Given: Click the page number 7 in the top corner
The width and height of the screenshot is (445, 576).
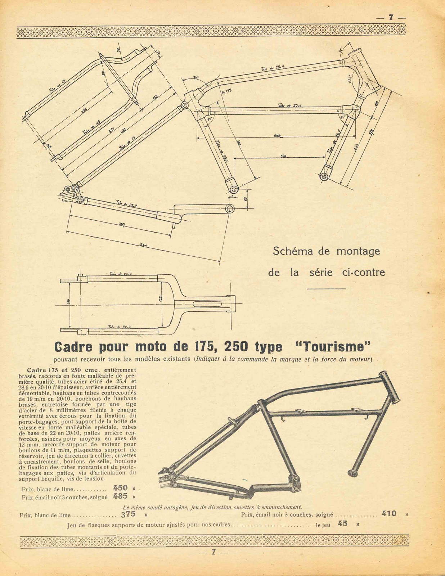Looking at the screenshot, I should coord(390,18).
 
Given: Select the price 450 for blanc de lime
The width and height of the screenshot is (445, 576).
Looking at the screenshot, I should coord(120,488).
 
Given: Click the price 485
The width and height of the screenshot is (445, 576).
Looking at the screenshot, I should coord(120,496).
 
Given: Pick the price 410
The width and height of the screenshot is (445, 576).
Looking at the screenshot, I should coord(389,514).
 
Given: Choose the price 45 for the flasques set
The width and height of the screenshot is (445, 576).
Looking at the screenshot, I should coord(343,524).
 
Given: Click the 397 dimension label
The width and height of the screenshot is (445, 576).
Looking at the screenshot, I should coord(122,225).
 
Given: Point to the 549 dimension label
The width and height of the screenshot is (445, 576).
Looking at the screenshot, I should coord(278,136).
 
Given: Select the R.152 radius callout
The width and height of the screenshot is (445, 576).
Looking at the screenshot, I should coord(226,91).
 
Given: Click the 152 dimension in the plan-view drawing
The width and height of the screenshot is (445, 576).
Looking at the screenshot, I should coord(161,298).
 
